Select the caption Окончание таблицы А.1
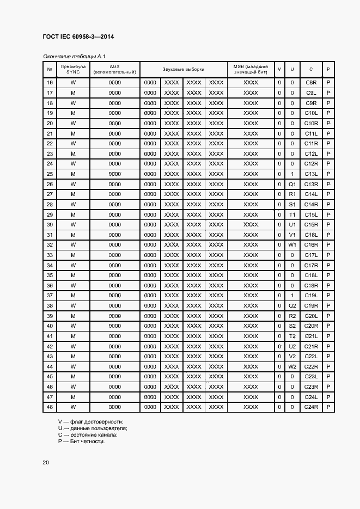coord(74,56)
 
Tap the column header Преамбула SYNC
coord(73,69)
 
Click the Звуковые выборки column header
coord(183,69)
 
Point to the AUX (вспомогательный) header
coord(114,69)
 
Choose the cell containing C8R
coord(311,82)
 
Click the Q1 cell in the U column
coord(292,184)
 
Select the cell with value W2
coord(292,366)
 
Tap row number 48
coord(50,407)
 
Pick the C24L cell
coord(311,397)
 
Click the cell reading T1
coord(292,214)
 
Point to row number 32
coord(50,245)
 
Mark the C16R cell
coord(311,245)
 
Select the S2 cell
coord(292,326)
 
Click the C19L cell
coord(311,296)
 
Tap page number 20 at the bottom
coord(46,463)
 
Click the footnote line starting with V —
coord(91,422)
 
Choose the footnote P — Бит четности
coord(81,441)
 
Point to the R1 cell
coord(292,194)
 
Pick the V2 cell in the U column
coord(292,357)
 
